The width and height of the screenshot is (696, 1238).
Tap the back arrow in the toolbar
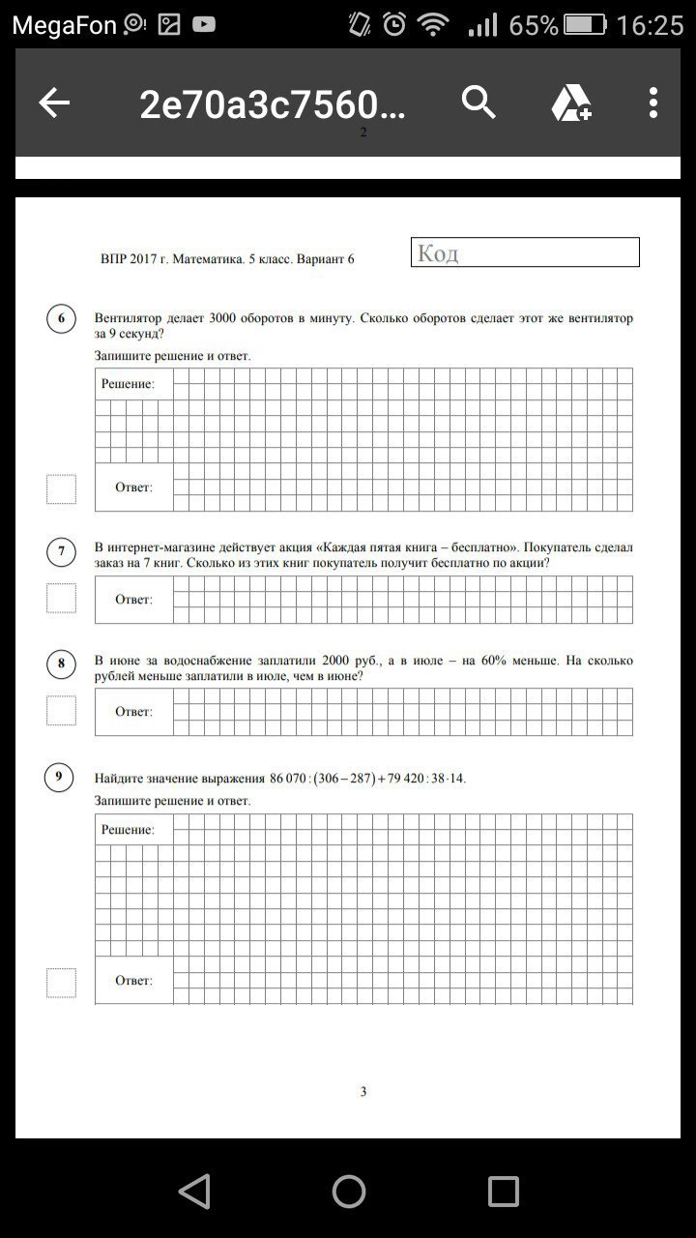click(54, 103)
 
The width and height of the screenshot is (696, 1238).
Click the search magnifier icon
click(478, 102)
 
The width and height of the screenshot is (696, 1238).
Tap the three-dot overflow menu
click(653, 103)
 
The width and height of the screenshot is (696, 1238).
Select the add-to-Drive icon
click(571, 103)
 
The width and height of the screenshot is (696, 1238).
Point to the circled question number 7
click(61, 552)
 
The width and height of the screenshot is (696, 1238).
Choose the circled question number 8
click(61, 663)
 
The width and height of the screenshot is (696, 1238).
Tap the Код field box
click(525, 252)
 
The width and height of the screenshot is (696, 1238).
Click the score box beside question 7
click(61, 599)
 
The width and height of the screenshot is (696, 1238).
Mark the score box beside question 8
click(61, 711)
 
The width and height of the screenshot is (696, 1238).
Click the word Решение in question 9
click(128, 830)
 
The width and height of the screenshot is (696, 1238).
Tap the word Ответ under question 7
click(133, 600)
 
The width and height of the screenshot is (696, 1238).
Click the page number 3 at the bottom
click(363, 1092)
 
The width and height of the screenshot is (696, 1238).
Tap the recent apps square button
click(503, 1191)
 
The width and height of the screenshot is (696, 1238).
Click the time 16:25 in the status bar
click(649, 25)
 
